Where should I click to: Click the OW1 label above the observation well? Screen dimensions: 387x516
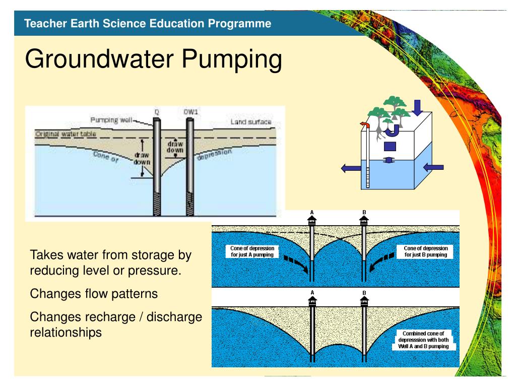coord(190,112)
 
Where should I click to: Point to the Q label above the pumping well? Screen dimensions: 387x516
coord(157,112)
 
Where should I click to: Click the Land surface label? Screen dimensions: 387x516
coord(251,122)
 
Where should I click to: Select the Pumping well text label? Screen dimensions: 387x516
coord(111,120)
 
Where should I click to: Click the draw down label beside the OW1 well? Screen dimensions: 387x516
coord(175,147)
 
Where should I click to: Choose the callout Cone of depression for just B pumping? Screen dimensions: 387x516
coord(426,251)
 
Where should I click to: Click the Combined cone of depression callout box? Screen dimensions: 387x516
coord(423,340)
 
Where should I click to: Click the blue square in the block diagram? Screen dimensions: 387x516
coord(391,147)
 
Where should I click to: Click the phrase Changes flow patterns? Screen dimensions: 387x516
coord(94,293)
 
